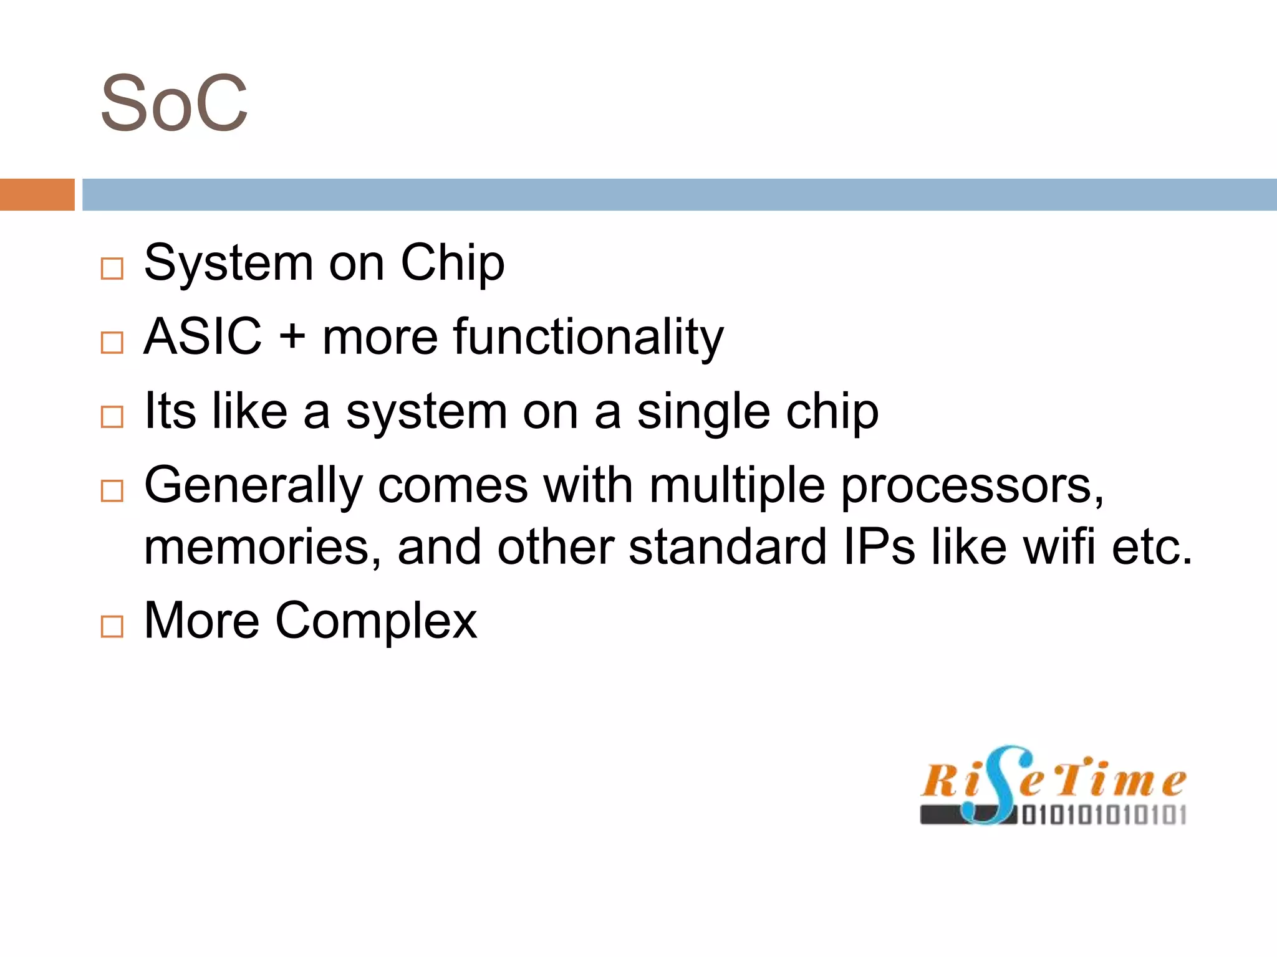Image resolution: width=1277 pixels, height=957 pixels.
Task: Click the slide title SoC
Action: click(174, 103)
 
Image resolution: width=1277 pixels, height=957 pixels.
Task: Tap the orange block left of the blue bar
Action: click(37, 194)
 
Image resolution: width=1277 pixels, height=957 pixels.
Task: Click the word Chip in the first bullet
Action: click(452, 263)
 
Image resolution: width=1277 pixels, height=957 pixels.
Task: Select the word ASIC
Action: click(203, 336)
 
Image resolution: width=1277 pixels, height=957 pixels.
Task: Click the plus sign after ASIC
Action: click(292, 338)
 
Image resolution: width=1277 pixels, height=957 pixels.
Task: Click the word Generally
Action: click(253, 486)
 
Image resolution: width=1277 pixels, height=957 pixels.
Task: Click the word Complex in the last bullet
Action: click(376, 621)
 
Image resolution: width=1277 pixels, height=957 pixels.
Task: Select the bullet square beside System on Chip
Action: click(112, 269)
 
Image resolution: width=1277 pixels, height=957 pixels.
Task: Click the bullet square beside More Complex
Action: click(112, 626)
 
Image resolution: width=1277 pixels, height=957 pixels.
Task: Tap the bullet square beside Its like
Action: click(112, 417)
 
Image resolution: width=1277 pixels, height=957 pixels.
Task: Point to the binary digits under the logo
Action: click(1104, 815)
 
